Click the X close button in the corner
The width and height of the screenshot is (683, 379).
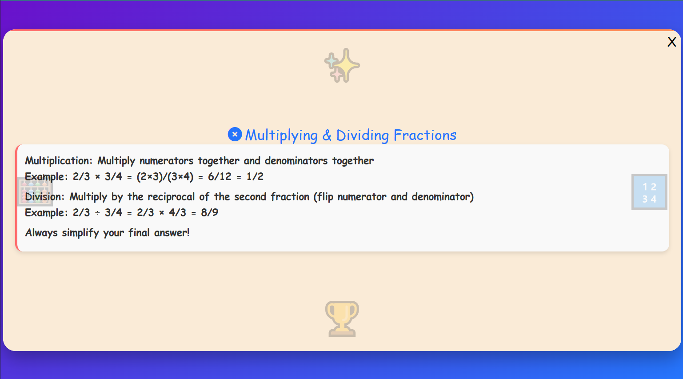[x=671, y=42]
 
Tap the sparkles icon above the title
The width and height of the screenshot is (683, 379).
[x=342, y=65]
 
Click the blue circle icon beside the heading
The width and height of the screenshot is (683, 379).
[x=235, y=134]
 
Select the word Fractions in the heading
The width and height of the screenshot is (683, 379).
[x=425, y=135]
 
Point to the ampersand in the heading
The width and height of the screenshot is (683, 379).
[x=327, y=135]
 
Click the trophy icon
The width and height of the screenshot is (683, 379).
[x=342, y=319]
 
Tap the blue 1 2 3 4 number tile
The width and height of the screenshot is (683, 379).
[x=649, y=192]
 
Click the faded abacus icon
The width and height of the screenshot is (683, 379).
[x=35, y=192]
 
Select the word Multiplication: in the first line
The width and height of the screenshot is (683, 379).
[x=58, y=160]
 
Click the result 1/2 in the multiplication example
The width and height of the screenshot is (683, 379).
[x=255, y=176]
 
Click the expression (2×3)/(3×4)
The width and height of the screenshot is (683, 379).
[x=165, y=176]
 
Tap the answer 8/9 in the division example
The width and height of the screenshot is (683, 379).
[x=209, y=212]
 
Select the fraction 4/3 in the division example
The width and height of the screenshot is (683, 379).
[x=177, y=212]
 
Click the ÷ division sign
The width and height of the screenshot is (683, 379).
[x=97, y=213]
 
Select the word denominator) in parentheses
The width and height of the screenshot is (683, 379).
[x=443, y=197]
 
